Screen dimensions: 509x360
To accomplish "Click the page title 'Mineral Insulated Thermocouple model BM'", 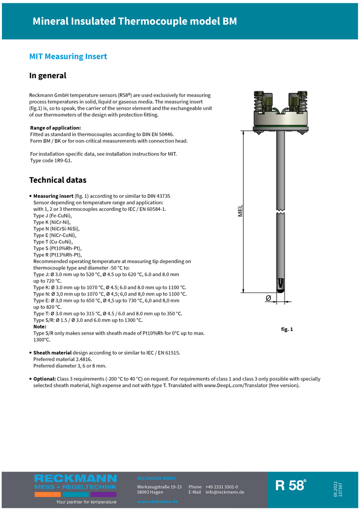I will coord(135,22).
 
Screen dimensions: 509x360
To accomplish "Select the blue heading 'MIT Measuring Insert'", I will coord(68,57).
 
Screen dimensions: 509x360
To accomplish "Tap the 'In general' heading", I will coord(48,75).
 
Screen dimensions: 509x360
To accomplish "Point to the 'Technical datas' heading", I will coord(58,180).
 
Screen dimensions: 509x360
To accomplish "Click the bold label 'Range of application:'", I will coord(55,127).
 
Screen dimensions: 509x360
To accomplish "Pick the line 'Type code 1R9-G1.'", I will coord(51,160).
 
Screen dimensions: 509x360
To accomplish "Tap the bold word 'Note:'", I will coord(40,326).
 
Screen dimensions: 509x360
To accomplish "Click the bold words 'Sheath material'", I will coord(52,352).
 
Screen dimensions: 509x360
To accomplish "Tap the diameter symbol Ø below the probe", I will coord(268,298).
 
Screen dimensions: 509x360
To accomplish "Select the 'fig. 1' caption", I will coord(287,329).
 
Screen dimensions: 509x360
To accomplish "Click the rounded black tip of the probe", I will coord(280,286).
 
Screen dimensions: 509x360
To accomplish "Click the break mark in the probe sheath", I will coord(280,213).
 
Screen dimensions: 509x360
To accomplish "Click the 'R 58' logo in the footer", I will coord(291,485).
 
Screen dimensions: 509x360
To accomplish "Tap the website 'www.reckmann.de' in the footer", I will coord(157,502).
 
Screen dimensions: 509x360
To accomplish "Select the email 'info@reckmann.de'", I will coord(225,492).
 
